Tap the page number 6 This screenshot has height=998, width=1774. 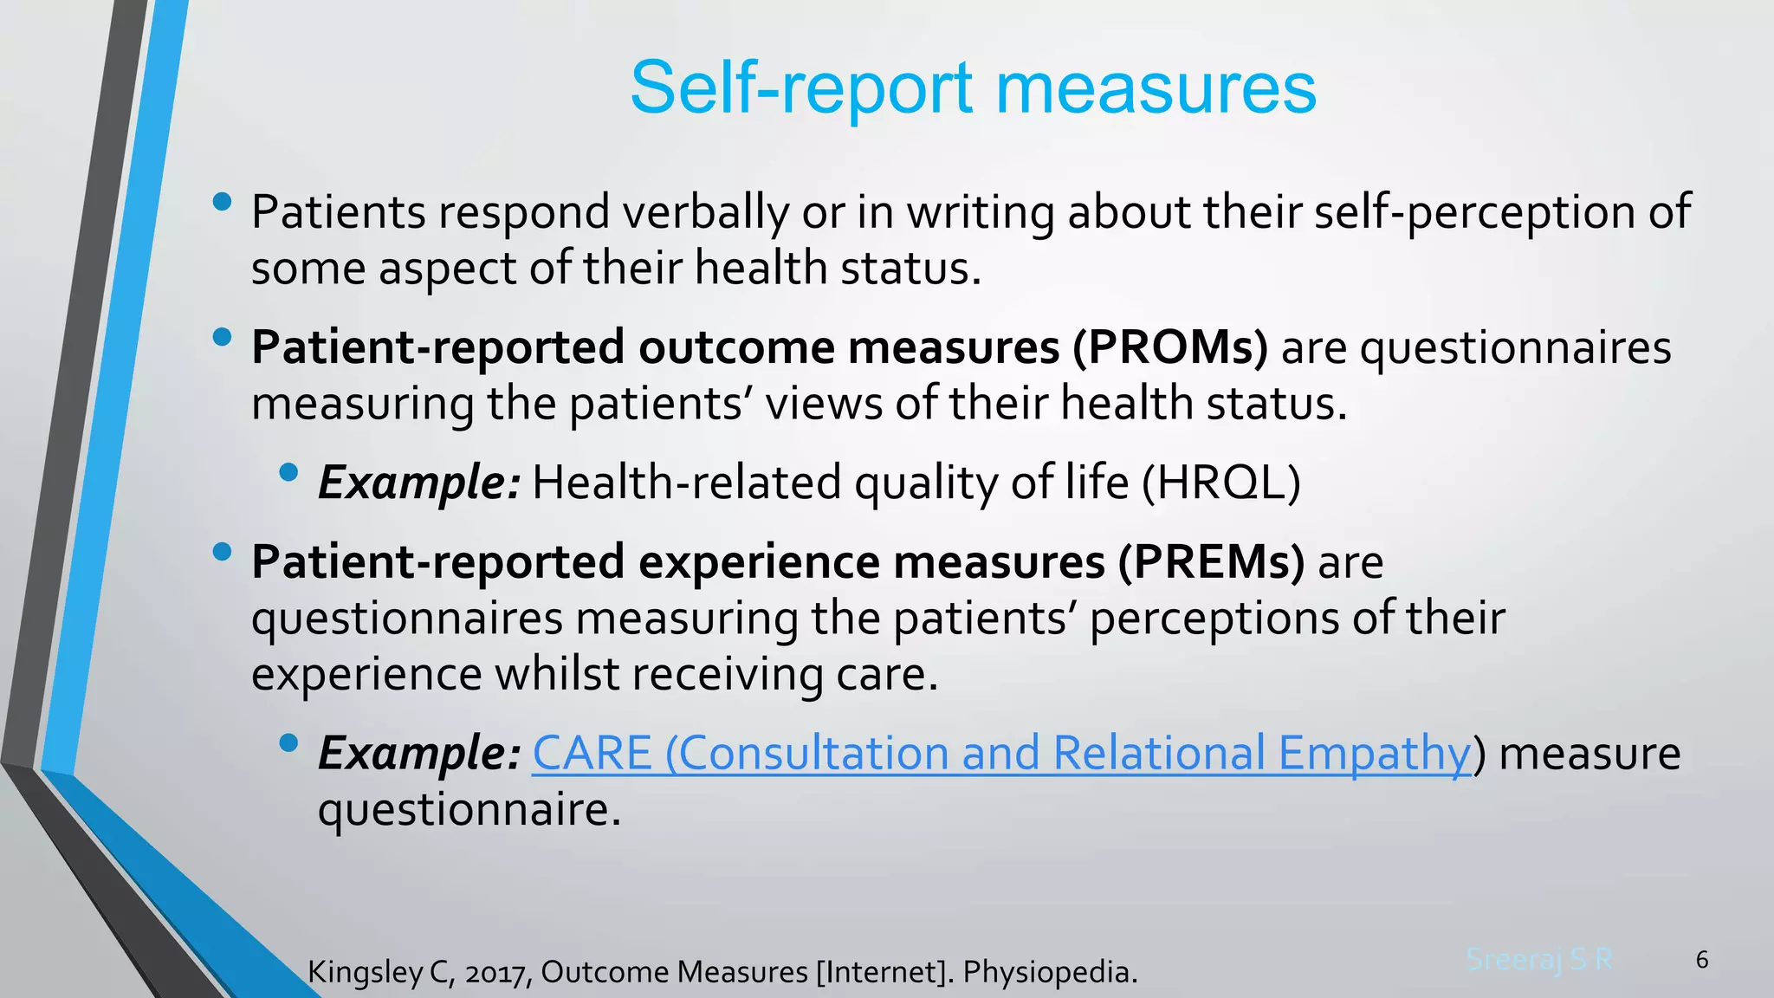pyautogui.click(x=1701, y=959)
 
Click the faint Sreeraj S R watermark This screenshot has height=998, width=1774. pyautogui.click(x=1539, y=959)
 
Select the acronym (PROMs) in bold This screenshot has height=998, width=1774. pyautogui.click(x=1170, y=347)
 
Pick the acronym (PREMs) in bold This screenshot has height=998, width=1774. pyautogui.click(x=1211, y=562)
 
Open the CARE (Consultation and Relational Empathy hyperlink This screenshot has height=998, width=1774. pyautogui.click(x=1000, y=753)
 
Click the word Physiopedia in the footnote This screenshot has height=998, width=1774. pyautogui.click(x=1049, y=972)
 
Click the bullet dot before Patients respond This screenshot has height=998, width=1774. pyautogui.click(x=222, y=202)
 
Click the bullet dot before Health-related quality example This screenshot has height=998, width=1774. pyautogui.click(x=289, y=472)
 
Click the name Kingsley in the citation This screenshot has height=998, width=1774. pyautogui.click(x=363, y=972)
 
